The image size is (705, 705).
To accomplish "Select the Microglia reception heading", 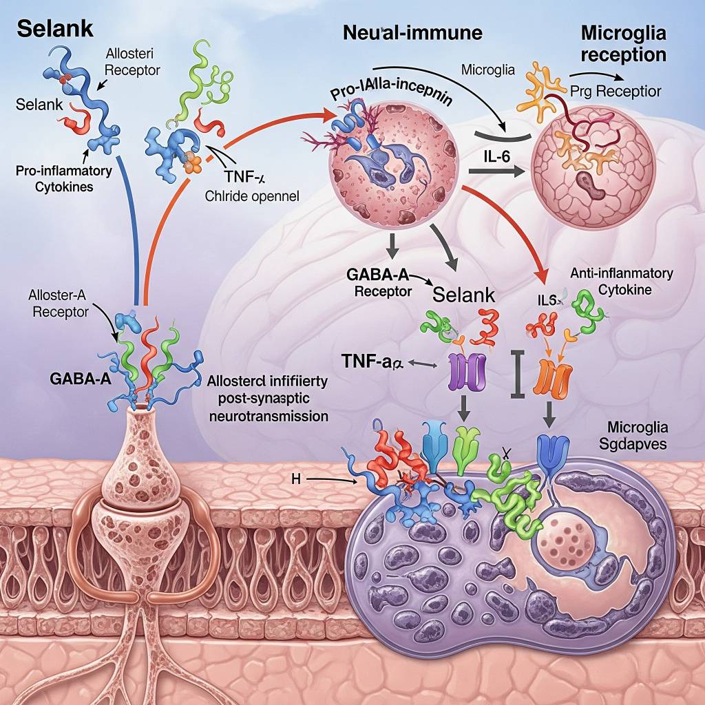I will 623,43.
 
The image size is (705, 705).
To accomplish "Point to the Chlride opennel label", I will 252,196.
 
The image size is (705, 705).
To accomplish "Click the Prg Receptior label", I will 616,91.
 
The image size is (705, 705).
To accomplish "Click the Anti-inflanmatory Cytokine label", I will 622,282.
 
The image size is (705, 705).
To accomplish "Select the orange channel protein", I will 554,377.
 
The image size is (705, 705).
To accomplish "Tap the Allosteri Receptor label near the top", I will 132,62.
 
